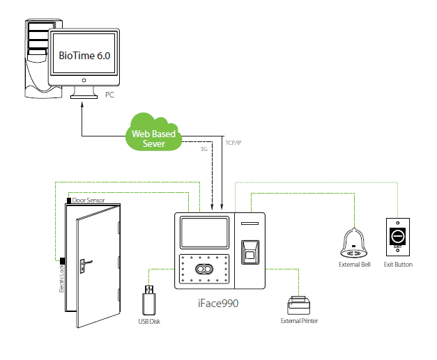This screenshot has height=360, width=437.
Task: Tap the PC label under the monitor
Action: tap(109, 94)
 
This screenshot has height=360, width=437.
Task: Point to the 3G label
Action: tap(204, 148)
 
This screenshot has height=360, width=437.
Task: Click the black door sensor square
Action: tap(68, 201)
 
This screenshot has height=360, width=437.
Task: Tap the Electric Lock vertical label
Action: tap(61, 274)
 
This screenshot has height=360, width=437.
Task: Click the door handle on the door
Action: tap(82, 264)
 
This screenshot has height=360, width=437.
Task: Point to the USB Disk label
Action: tap(149, 322)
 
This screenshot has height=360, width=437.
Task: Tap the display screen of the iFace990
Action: tap(204, 233)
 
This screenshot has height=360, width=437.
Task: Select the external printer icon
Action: tap(299, 305)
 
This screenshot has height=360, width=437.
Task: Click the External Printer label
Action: tap(300, 321)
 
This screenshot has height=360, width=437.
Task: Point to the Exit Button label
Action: tap(398, 265)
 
